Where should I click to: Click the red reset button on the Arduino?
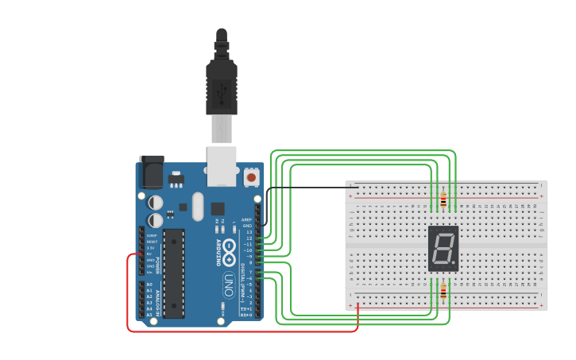[252, 176]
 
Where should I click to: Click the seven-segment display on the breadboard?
[443, 248]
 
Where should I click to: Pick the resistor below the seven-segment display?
[443, 292]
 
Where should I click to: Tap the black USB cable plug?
[221, 87]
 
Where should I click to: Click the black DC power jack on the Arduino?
[151, 171]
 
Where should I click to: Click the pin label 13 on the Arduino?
[249, 232]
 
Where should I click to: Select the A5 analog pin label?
[149, 315]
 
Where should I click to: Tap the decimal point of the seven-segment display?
[454, 264]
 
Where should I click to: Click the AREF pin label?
[247, 220]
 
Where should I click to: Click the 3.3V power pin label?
[150, 248]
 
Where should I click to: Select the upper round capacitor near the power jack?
[156, 203]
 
